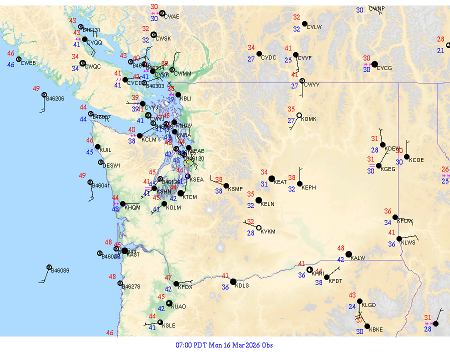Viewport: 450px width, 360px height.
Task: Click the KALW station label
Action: coord(358,258)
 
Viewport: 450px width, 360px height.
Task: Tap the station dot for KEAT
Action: coord(271,178)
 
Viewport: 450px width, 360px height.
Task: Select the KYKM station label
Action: coord(268,232)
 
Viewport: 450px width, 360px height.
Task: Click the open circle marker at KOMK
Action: coord(299,115)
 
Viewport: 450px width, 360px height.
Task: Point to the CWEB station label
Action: coord(28,63)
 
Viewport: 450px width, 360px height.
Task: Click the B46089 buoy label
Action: coord(60,270)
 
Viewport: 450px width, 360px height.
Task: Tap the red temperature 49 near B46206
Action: coord(36,88)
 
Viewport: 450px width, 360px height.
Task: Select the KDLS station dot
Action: coord(233,281)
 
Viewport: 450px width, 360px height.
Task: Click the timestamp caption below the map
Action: coord(224,345)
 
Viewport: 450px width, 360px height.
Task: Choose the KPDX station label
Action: coord(185,287)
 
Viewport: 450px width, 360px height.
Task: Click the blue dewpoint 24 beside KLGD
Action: coord(352,306)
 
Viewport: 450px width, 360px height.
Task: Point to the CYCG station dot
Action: coord(374,64)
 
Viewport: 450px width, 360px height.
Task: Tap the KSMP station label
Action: coord(235,189)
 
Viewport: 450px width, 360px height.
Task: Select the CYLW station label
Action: coord(314,27)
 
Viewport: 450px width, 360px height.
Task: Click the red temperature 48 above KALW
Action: coord(341,248)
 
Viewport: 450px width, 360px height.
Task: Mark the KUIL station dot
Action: coord(97,146)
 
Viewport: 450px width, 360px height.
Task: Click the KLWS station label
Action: coord(408,242)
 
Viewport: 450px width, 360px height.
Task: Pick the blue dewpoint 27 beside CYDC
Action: coord(251,59)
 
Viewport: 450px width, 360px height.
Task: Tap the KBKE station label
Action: coord(376,329)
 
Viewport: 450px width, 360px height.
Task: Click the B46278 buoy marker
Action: coord(120,283)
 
